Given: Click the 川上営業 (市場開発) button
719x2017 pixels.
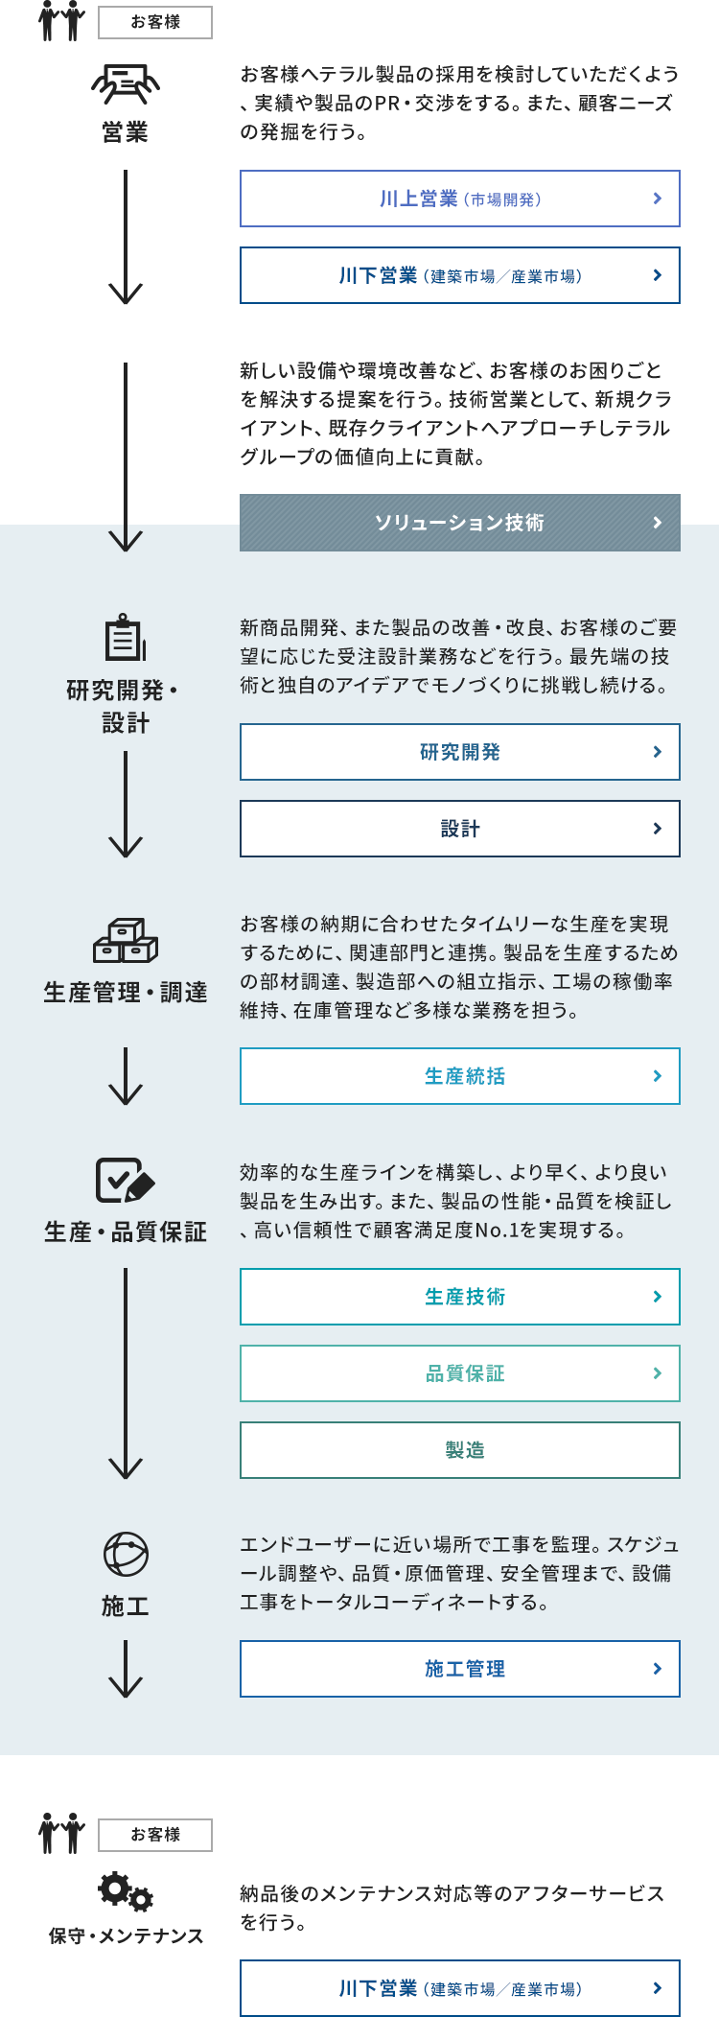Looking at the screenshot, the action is [460, 199].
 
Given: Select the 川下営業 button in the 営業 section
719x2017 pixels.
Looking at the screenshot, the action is [460, 275].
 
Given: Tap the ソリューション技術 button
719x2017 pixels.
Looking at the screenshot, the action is [460, 523].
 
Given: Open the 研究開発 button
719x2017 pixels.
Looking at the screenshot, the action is [460, 752].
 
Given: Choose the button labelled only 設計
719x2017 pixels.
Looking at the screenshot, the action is [460, 829].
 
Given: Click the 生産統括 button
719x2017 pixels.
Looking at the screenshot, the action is [460, 1076].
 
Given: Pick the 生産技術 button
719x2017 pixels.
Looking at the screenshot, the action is [460, 1297].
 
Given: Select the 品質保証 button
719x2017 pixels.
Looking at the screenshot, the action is [460, 1373].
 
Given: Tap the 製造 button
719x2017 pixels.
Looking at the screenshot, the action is [460, 1450].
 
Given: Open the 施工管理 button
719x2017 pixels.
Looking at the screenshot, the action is [460, 1669].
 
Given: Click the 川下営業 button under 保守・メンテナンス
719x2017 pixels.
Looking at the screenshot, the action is [460, 1988].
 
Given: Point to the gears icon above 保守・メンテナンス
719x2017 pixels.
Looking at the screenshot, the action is [126, 1890].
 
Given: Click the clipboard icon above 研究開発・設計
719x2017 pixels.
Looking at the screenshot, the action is [126, 637].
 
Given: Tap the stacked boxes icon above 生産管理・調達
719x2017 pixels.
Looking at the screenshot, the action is [126, 941].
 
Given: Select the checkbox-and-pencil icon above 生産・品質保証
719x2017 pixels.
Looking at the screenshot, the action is [126, 1180].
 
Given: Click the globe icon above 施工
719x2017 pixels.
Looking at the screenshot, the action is [126, 1555].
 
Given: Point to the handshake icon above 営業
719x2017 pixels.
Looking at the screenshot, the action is [126, 84].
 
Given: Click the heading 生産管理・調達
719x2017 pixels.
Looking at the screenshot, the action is [126, 993].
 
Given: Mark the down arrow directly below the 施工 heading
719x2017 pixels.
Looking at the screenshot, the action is [126, 1669].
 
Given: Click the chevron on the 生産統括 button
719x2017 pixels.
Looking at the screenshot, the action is [657, 1076].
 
